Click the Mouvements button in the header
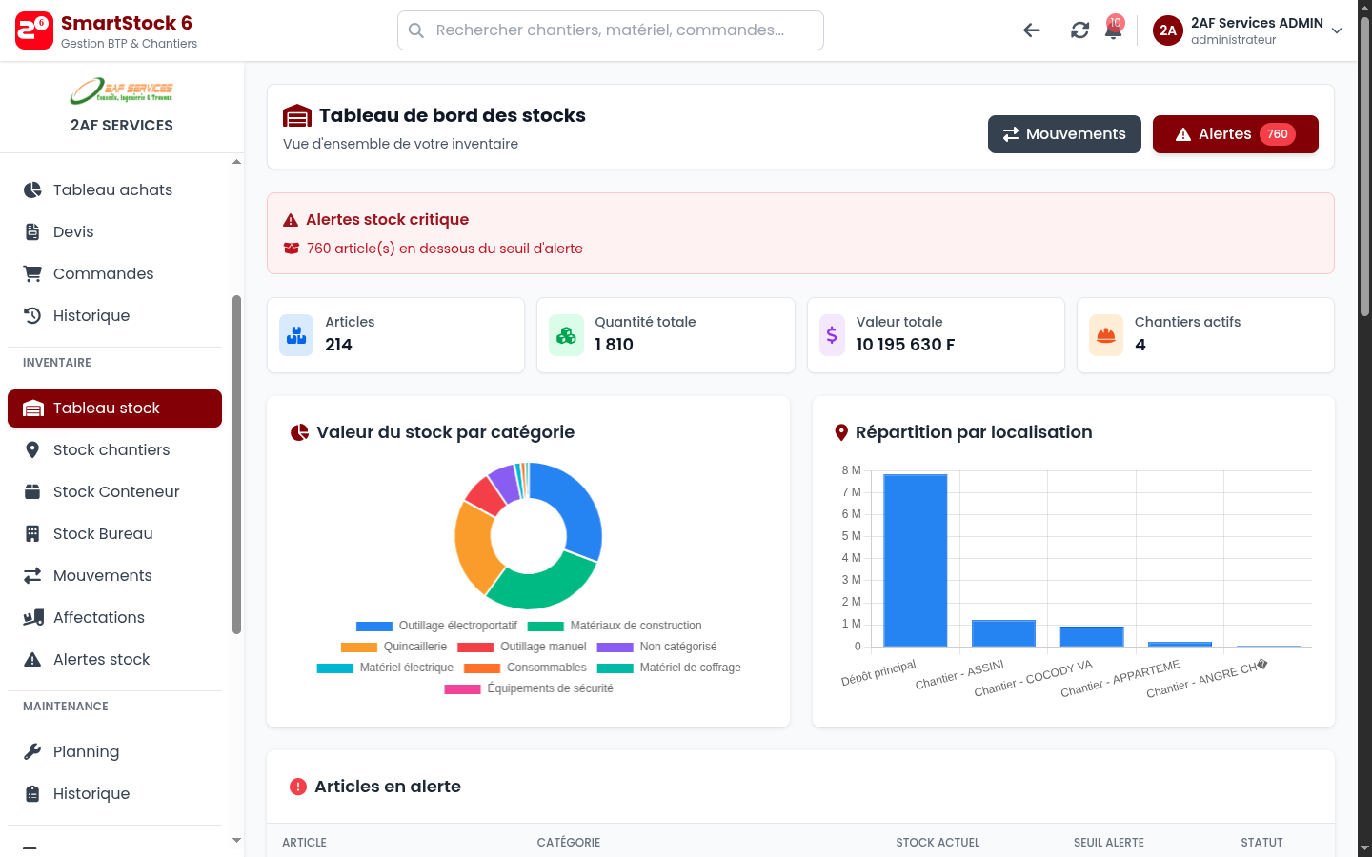1064,134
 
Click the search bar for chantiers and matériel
610,30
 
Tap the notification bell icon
1112,30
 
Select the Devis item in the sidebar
73,232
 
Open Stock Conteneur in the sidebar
116,492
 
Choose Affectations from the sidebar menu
99,618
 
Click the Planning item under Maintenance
86,752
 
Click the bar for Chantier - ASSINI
1003,633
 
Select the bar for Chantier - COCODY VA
1092,636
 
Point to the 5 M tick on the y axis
851,536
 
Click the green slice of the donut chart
541,583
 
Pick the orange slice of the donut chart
476,548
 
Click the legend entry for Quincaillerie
394,647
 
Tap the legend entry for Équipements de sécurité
529,688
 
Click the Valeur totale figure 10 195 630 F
905,345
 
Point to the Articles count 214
338,345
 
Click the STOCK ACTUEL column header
938,843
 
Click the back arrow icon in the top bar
1032,30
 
